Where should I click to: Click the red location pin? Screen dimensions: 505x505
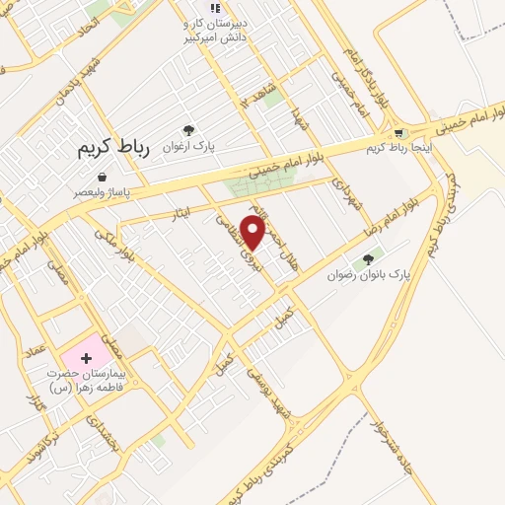253,232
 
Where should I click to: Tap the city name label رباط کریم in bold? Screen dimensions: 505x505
113,148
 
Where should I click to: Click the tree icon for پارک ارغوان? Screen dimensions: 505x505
188,129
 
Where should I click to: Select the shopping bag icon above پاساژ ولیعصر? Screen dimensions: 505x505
103,178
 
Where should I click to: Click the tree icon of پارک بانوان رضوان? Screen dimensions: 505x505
369,259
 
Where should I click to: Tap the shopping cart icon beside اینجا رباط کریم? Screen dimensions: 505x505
398,134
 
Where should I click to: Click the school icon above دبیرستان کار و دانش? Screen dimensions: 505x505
215,9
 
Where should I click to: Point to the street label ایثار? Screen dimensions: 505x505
179,210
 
